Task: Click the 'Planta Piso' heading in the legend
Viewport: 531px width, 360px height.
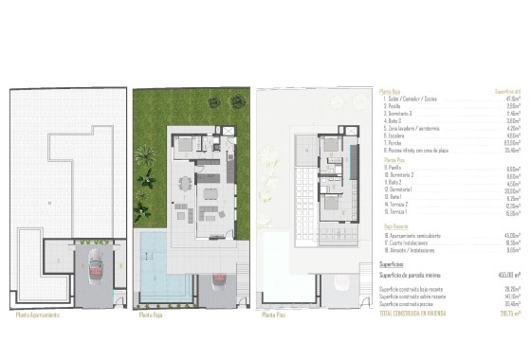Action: coord(395,160)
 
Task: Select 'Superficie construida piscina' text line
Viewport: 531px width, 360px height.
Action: coord(417,303)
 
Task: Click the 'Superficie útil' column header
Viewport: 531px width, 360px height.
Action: coord(503,91)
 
